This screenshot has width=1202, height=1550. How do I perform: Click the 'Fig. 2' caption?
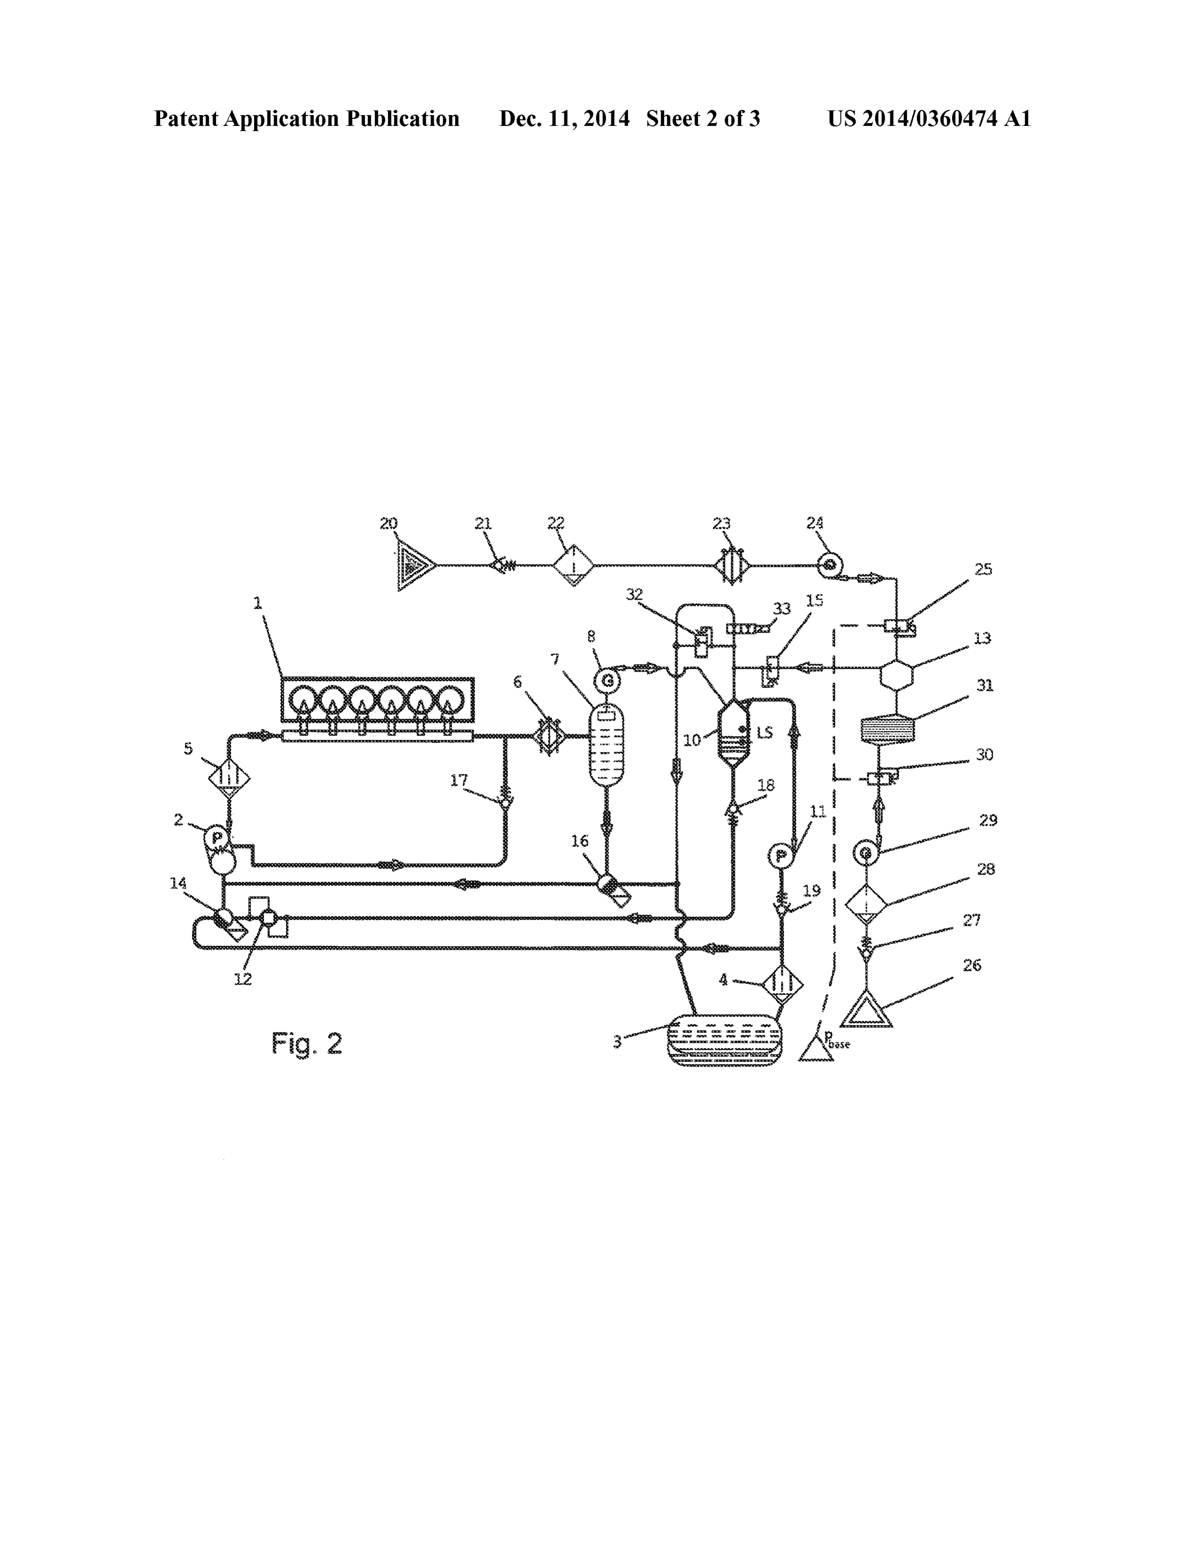click(x=307, y=1043)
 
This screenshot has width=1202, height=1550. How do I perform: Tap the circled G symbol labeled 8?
click(x=608, y=681)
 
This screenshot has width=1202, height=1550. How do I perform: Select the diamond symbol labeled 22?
click(x=573, y=566)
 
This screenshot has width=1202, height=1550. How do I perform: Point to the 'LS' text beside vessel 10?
click(x=764, y=732)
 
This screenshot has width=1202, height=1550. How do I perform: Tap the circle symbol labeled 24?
click(x=830, y=565)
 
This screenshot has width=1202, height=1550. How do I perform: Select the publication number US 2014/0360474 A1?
click(x=929, y=118)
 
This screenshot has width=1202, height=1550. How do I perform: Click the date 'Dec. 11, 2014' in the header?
click(x=564, y=118)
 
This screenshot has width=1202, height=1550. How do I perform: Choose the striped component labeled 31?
click(x=887, y=730)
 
